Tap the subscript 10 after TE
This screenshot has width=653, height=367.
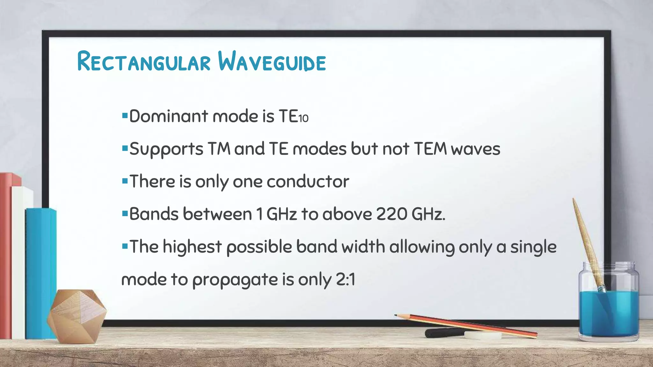click(303, 119)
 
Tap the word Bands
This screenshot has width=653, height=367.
click(154, 214)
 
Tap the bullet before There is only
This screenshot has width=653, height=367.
click(125, 181)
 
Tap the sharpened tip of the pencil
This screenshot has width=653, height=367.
click(396, 315)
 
